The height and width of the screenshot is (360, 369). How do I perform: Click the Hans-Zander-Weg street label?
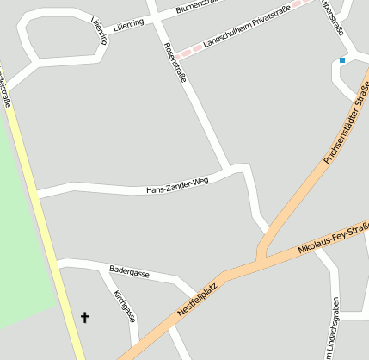[177, 186]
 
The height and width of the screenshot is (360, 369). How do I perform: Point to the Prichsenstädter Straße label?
[346, 123]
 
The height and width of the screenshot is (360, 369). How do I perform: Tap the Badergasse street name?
[129, 272]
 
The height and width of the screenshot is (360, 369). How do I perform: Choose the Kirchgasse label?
[125, 306]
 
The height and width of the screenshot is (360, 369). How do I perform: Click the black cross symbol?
[84, 318]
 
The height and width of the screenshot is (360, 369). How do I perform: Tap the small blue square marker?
[342, 60]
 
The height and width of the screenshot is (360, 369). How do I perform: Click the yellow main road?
[43, 215]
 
